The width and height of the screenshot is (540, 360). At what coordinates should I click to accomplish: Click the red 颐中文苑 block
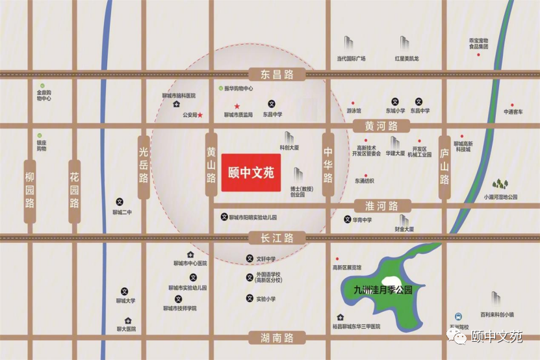tap(251, 173)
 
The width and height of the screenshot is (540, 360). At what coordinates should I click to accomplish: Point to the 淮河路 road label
tap(381, 206)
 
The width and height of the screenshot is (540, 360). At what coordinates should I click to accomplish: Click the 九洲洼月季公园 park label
tap(379, 290)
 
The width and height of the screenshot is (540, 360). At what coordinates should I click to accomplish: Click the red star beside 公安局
tap(200, 115)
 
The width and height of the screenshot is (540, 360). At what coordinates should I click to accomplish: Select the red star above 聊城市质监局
tap(237, 106)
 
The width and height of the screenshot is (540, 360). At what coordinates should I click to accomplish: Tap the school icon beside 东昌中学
tap(272, 103)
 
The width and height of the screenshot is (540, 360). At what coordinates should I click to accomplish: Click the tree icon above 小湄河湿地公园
tap(500, 185)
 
